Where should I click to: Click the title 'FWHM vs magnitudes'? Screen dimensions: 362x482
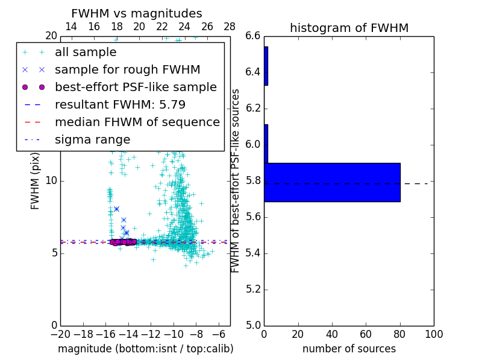coord(137,13)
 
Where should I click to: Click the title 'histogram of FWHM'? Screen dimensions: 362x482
coord(349,28)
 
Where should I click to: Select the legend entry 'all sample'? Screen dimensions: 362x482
coord(86,52)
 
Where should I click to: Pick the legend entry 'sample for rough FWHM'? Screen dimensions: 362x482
coord(127,70)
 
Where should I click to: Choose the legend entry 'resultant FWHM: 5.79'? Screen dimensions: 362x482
coord(120,105)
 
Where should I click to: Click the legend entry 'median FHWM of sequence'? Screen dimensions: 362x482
coord(137,122)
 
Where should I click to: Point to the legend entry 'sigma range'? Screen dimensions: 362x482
coord(92,140)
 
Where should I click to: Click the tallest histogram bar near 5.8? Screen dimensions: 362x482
coord(332,182)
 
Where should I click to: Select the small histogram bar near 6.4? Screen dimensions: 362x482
coord(266,66)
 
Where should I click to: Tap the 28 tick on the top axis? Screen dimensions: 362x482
coord(230,27)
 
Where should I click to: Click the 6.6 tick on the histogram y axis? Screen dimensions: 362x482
coord(253,36)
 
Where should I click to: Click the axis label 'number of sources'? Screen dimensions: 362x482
coord(349,349)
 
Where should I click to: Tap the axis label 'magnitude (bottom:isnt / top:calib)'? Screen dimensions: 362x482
coord(145,349)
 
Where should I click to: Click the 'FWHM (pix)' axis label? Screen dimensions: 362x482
coord(36,180)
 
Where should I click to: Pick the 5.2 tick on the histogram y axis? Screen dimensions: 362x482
coord(253,289)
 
